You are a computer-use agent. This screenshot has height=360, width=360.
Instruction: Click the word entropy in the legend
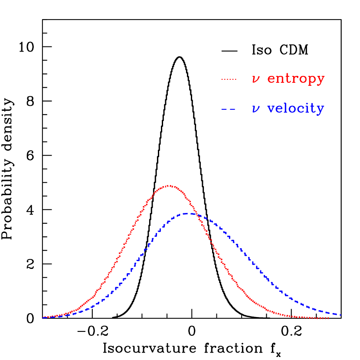point(296,79)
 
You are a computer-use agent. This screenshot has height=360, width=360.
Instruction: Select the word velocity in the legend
point(295,108)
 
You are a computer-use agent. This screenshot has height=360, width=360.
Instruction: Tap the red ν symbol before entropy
point(256,79)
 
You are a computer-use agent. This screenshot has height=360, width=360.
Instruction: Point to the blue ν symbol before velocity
point(256,109)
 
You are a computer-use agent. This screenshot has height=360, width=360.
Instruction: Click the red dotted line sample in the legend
point(229,79)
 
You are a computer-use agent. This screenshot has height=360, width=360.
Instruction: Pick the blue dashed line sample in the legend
point(228,109)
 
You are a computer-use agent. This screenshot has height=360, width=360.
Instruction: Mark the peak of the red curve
point(170,186)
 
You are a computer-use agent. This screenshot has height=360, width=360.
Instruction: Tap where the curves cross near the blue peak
point(196,214)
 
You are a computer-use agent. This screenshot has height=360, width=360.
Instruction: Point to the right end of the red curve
point(328,318)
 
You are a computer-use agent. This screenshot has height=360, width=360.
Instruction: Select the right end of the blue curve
point(341,315)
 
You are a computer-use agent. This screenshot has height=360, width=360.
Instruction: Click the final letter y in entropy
point(321,80)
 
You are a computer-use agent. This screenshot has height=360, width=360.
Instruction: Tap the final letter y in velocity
point(320,110)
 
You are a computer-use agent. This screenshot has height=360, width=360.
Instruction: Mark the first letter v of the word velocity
point(271,109)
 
